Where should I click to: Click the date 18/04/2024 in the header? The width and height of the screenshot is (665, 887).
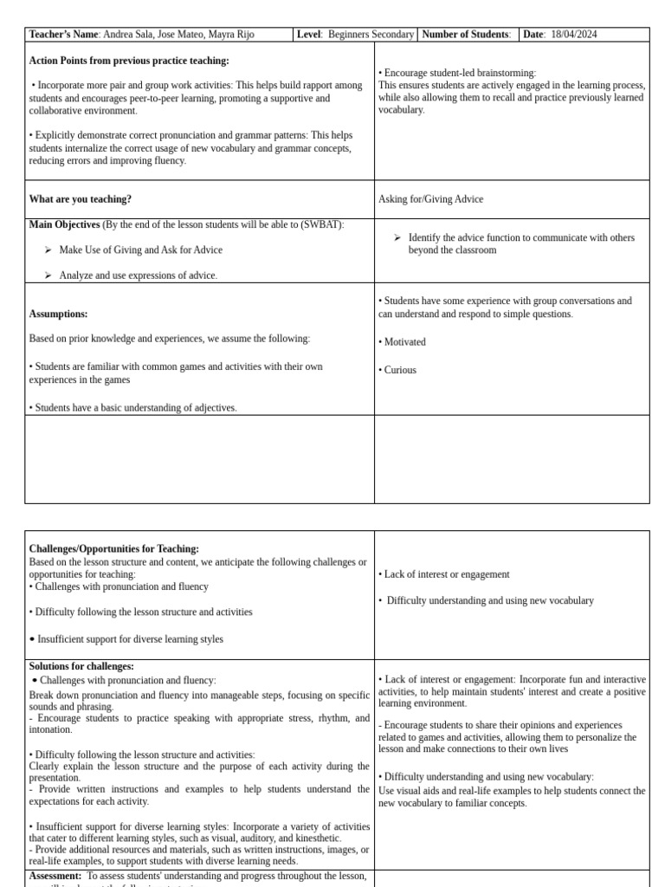(571, 35)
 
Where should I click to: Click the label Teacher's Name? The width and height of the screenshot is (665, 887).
(64, 35)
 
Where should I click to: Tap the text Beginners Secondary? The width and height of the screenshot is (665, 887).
(371, 35)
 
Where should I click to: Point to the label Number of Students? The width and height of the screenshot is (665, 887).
(465, 35)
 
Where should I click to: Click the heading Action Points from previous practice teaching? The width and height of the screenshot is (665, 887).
(129, 61)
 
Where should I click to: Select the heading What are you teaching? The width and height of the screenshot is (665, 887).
(81, 199)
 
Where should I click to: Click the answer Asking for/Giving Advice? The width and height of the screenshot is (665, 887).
(430, 199)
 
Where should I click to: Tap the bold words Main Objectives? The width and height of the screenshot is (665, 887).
(64, 224)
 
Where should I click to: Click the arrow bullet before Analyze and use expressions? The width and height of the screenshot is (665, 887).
(48, 275)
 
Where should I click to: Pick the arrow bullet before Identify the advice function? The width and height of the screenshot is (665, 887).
(397, 237)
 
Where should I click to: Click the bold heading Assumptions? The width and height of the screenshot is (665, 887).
(58, 314)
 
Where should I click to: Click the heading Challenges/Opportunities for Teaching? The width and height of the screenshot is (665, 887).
(114, 549)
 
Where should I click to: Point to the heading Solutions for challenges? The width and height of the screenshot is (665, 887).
(81, 666)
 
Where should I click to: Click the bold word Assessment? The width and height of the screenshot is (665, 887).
(56, 876)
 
